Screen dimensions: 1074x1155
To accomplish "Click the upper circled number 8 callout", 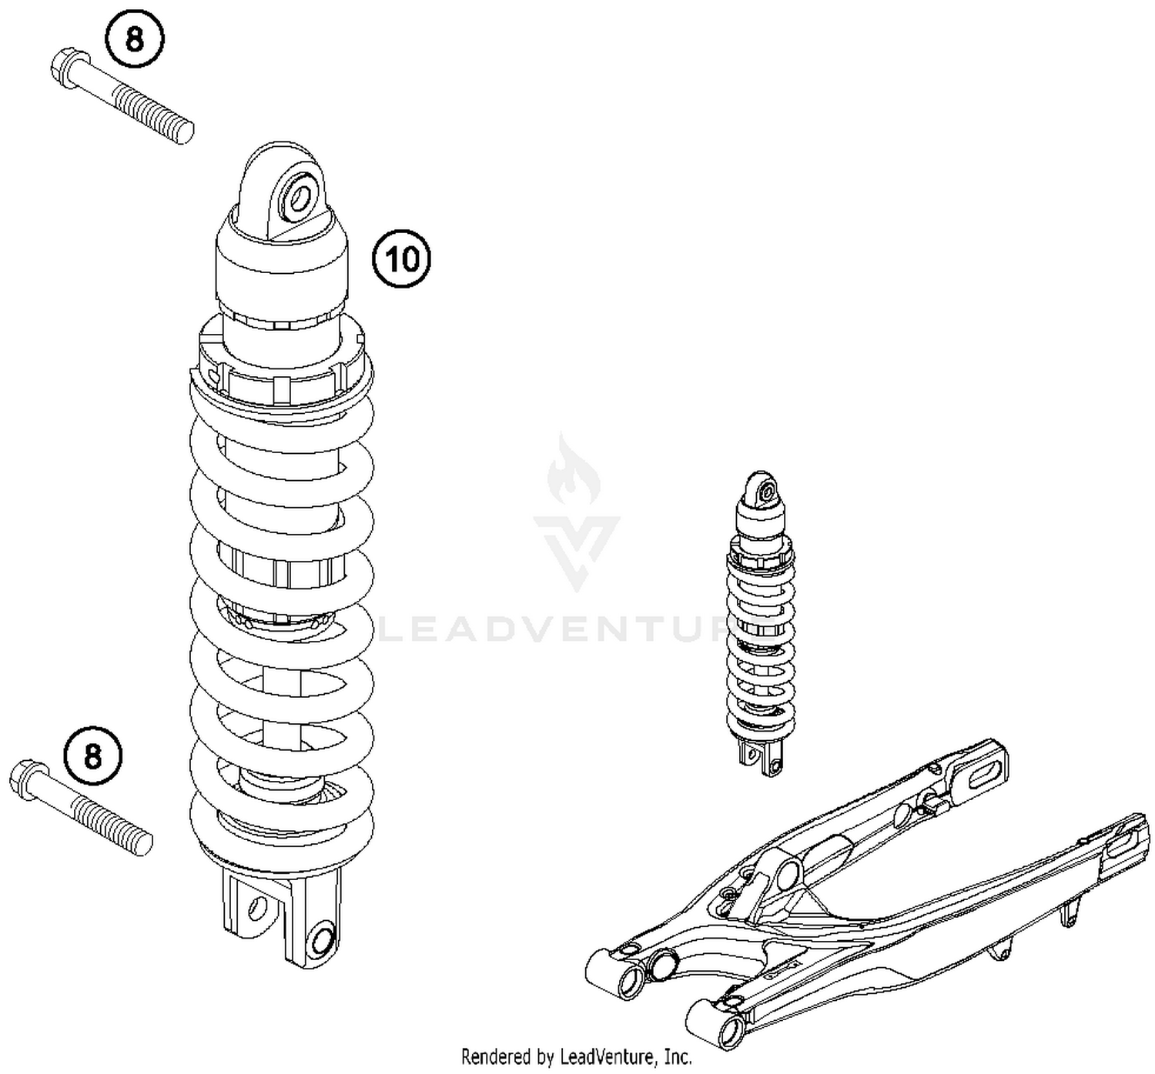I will [x=135, y=38].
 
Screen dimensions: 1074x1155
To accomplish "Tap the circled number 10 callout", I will [x=402, y=259].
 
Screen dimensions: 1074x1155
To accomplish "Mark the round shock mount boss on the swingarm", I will [x=786, y=875].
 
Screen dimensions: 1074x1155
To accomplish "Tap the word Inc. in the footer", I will [x=678, y=1057].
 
